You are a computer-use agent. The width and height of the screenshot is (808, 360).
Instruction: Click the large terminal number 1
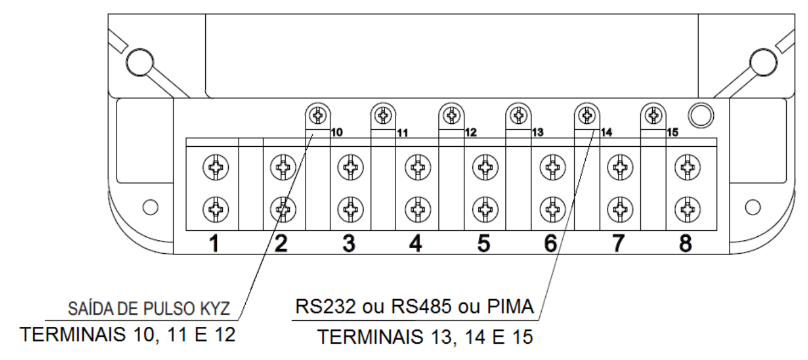[214, 243]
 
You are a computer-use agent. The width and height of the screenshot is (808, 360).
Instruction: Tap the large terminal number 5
[484, 243]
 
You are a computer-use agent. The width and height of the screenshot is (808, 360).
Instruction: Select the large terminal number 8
[686, 243]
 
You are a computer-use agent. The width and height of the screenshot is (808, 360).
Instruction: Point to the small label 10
[336, 132]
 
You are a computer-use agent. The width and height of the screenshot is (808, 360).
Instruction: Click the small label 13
[537, 132]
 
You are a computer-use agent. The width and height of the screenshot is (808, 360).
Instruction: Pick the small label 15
[672, 132]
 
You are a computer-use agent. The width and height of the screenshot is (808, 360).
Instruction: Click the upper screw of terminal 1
[216, 167]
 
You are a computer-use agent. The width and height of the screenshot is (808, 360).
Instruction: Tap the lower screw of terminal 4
[418, 209]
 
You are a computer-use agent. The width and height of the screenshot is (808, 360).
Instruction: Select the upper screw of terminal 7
[620, 167]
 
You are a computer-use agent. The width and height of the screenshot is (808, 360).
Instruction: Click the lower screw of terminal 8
[687, 209]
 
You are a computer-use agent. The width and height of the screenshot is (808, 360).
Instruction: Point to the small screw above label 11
[383, 116]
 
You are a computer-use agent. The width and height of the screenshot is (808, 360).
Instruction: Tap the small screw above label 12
[451, 116]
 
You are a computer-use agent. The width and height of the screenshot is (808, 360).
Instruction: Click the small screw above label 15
[653, 116]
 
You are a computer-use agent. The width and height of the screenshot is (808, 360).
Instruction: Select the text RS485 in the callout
[422, 307]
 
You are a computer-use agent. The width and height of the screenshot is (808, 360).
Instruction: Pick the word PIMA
[510, 307]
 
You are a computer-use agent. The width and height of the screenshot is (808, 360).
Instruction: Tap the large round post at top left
[139, 62]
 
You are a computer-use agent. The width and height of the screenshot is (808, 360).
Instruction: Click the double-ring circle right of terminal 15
[701, 116]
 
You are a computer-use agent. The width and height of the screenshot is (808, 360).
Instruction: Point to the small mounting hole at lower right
[753, 207]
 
